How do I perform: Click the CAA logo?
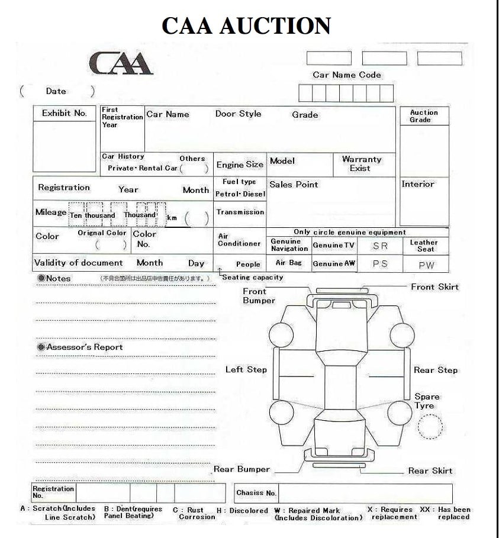(120, 63)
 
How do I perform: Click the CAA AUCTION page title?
(246, 26)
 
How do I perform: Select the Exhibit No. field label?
(64, 113)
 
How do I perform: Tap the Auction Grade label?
(424, 116)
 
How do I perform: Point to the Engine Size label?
(240, 165)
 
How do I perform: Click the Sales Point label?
(294, 185)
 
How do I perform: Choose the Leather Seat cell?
(424, 246)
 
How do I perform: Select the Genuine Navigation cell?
(289, 245)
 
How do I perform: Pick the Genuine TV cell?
(334, 246)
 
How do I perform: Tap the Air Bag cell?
(289, 263)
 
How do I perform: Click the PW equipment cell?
(426, 265)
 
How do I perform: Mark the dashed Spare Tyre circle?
(430, 426)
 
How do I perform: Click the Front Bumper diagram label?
(259, 296)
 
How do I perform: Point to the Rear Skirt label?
(430, 471)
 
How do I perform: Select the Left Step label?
(246, 370)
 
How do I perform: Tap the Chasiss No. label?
(256, 493)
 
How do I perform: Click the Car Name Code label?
(347, 75)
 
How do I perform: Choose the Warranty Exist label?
(361, 164)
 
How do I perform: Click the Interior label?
(418, 184)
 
